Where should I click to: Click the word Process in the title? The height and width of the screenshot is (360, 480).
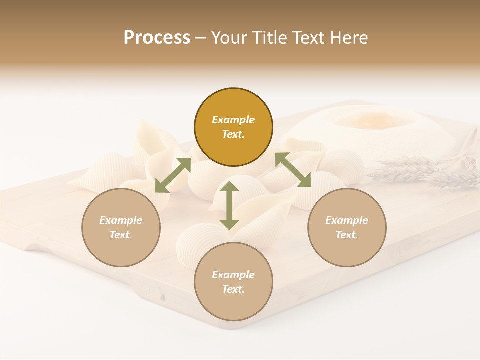(157, 38)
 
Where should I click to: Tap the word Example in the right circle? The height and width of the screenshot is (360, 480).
(346, 220)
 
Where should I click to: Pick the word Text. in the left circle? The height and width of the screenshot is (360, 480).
(121, 235)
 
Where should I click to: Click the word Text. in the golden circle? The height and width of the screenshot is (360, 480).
(233, 134)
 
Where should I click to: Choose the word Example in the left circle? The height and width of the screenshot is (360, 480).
(121, 220)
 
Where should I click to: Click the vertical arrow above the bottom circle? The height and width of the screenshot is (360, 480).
(229, 205)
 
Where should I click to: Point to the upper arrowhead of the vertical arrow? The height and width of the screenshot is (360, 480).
(229, 186)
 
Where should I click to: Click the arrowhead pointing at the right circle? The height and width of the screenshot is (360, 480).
(305, 181)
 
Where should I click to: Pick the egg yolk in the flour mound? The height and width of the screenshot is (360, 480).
(369, 120)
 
